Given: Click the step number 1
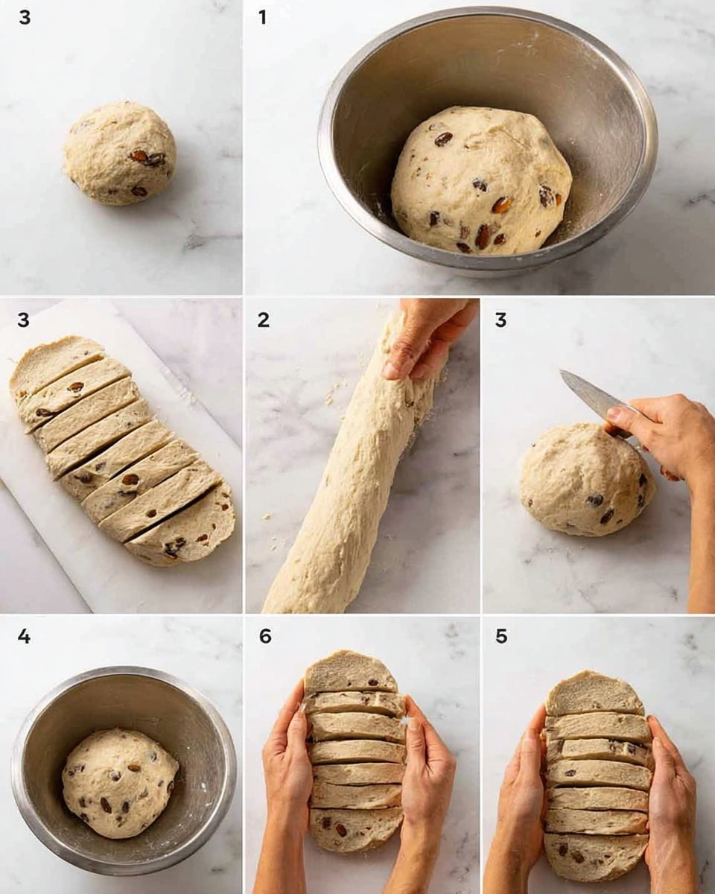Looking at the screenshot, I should pos(262,17).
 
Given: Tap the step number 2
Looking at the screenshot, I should pos(263,320).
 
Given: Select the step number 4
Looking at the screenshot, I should pos(24,637).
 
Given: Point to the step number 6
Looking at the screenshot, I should pos(265,637).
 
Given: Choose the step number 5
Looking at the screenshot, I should pos(501,637).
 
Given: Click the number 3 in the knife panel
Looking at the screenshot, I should pos(500,320).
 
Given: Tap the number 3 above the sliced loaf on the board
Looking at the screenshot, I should pos(24,320).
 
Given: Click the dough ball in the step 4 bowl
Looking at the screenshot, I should pos(119,782).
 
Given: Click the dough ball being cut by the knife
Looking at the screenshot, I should pos(581,481).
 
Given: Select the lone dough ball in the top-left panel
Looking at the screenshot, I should pos(119,153).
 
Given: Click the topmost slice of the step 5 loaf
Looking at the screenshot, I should pos(594,693).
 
